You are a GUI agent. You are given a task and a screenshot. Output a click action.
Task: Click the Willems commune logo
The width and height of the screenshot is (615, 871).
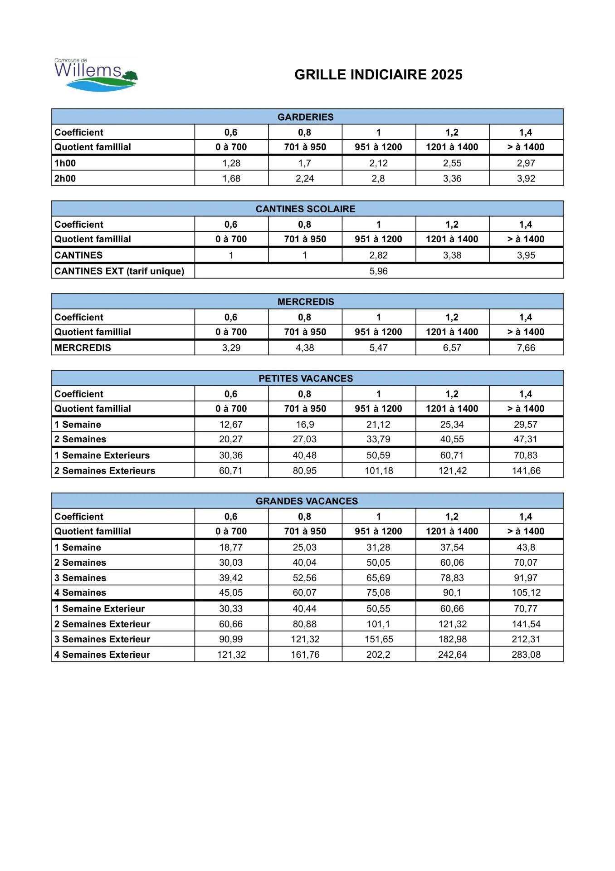[x=95, y=75]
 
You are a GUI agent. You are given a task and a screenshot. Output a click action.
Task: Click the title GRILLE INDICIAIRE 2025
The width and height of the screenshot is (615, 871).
[x=378, y=75]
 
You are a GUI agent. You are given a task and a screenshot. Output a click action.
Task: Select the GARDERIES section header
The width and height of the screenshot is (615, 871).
[x=305, y=117]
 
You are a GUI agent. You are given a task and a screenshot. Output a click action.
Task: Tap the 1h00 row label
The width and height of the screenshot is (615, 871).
[x=65, y=163]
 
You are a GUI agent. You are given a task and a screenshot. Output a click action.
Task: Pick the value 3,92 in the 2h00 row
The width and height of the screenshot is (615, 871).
[x=526, y=179]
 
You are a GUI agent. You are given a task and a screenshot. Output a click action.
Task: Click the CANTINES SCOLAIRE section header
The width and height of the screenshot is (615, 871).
[x=305, y=209]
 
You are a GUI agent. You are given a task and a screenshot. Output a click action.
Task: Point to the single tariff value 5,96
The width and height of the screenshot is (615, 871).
[x=378, y=271]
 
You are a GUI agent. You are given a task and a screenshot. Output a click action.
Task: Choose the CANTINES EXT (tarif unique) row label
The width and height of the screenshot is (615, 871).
[x=119, y=271]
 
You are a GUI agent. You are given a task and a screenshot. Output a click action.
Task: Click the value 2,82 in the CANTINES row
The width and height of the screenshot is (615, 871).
[x=378, y=255]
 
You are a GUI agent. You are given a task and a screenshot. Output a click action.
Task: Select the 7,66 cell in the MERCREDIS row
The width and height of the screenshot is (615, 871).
[x=526, y=348]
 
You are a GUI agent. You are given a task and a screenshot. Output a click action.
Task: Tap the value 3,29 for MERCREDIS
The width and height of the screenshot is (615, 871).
[x=231, y=348]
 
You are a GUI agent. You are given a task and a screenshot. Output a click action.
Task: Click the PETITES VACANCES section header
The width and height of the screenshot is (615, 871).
[x=305, y=379]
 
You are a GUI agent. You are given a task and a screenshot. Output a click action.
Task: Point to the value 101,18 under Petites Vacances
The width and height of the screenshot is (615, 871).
[x=379, y=471]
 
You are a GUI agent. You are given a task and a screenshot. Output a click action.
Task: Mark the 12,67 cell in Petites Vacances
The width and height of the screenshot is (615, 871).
[x=231, y=425]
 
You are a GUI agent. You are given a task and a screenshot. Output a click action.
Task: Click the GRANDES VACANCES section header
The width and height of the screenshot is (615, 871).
[x=307, y=501]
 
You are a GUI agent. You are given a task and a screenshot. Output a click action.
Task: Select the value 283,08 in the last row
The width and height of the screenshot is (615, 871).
[x=526, y=655]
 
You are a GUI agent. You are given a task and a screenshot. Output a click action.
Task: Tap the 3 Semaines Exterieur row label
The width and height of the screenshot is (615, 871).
[x=102, y=639]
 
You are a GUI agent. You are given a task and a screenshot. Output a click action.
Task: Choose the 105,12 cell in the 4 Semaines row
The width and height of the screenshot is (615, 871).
[x=526, y=593]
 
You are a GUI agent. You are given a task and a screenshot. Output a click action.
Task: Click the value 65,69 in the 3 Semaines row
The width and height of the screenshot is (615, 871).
[x=378, y=578]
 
